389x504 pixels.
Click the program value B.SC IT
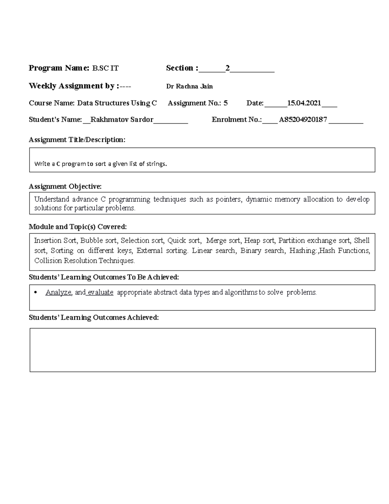coord(105,68)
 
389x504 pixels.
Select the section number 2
coord(228,68)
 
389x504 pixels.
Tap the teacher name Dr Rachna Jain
coord(189,86)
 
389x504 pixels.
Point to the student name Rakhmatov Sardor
coord(122,120)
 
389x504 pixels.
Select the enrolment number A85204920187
coord(303,120)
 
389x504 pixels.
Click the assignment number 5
coord(226,103)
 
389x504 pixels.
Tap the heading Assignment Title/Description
coord(77,140)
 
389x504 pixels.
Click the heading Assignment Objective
coord(65,187)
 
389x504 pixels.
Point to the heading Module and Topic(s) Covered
coord(77,227)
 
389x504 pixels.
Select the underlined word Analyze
coord(58,292)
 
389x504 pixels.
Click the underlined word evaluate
coord(100,292)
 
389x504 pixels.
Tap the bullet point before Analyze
coord(36,292)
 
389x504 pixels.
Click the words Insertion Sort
coord(55,240)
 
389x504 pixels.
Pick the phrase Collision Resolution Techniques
coord(84,261)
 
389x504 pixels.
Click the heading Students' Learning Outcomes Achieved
coord(94,318)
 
